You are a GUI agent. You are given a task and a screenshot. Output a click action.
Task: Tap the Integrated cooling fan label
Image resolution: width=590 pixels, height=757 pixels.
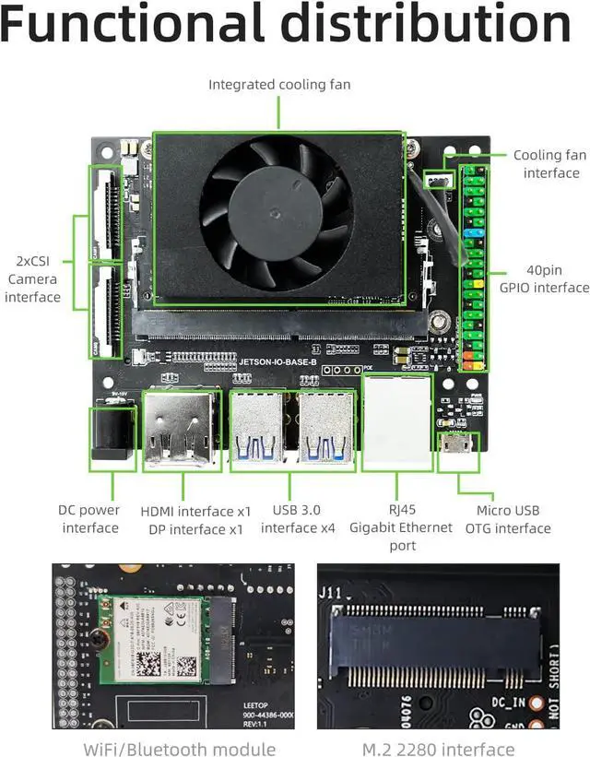coord(279,85)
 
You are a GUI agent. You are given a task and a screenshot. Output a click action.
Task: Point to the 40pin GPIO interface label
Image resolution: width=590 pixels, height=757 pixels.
coord(544,278)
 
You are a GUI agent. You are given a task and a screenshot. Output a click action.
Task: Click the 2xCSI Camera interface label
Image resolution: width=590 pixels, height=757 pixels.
coord(32,278)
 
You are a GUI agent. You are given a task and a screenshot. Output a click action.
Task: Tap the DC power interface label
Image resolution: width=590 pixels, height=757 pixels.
coord(89,519)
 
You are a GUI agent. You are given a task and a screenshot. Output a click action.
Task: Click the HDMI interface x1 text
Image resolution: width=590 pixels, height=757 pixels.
coord(195,511)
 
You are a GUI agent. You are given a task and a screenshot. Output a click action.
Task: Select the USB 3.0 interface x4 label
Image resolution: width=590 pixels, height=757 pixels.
coord(297,519)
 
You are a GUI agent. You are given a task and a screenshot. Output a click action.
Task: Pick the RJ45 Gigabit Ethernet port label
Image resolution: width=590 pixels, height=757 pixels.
coord(401,527)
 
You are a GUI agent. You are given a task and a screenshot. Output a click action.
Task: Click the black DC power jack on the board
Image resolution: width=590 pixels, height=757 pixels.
coord(111,433)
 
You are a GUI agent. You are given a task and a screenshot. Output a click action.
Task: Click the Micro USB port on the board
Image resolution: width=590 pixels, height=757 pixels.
coord(457,446)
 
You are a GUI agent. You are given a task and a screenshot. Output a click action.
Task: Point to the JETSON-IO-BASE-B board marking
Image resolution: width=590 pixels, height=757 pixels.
coord(277,362)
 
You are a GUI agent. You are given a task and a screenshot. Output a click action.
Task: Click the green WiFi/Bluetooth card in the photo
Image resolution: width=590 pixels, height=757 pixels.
coord(149,635)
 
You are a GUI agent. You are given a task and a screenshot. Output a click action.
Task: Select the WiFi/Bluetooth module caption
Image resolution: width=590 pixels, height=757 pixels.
coord(179,748)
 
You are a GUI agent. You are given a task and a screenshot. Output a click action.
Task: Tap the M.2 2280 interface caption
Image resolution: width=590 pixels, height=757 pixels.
coord(438,748)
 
